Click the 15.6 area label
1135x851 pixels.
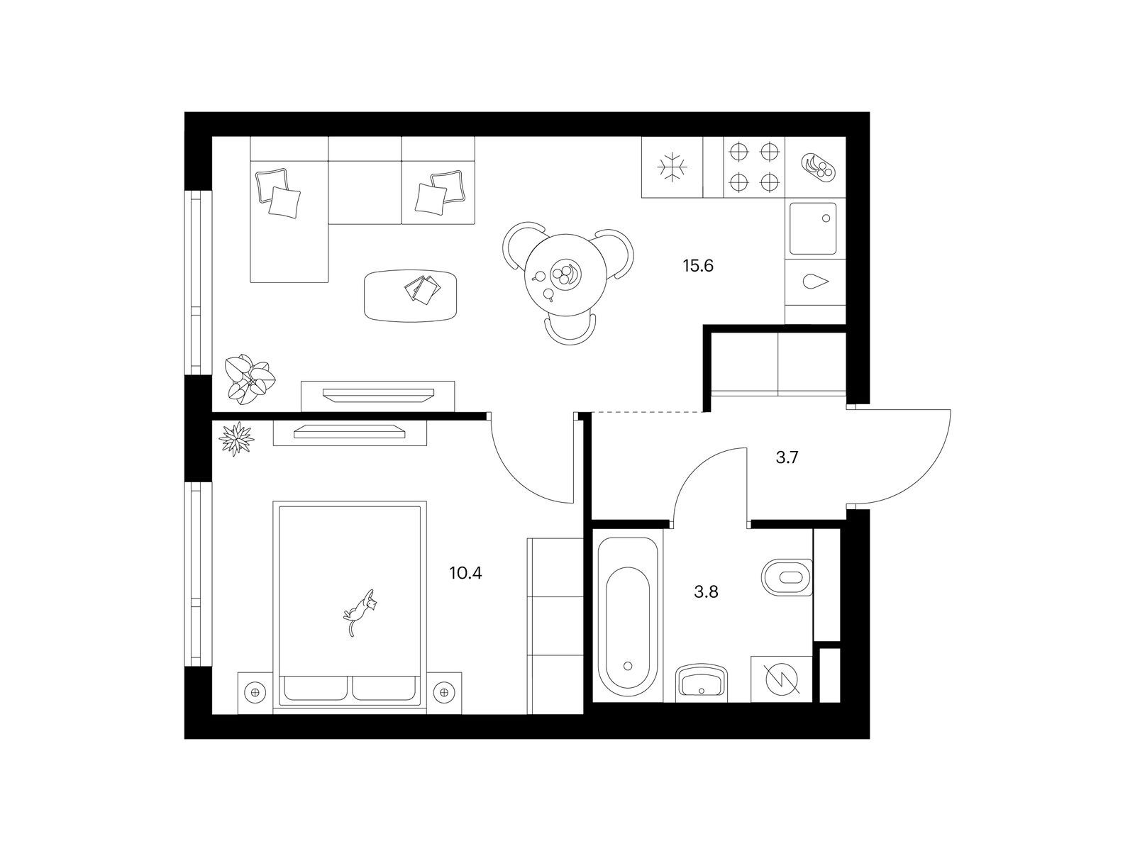point(697,266)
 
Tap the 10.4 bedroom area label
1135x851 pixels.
point(465,573)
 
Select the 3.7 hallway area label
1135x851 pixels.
point(787,457)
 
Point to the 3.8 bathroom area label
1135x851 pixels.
point(706,591)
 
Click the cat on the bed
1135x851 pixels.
point(360,612)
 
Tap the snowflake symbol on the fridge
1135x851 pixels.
point(672,167)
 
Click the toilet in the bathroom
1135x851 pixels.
point(787,577)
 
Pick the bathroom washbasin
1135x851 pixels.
point(702,682)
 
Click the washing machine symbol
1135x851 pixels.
point(781,679)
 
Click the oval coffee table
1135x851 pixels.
point(411,296)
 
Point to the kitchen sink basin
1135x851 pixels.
point(813,228)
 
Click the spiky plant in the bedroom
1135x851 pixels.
point(236,439)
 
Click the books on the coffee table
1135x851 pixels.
point(423,289)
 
